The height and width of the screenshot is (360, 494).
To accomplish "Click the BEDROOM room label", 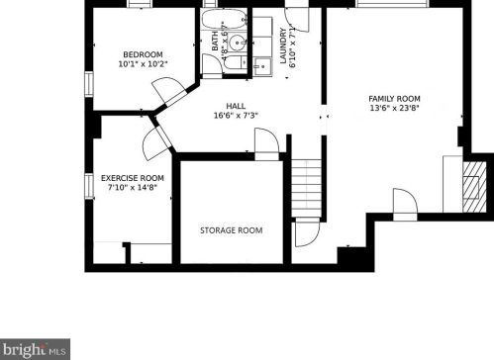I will coord(145,54).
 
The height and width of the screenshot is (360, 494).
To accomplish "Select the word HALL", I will coord(236,107).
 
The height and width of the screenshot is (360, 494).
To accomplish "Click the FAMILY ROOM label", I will coord(395,99).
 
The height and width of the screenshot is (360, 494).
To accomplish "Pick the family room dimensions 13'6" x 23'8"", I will coord(395,110).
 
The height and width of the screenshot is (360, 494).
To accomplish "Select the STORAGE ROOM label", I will coord(232,230).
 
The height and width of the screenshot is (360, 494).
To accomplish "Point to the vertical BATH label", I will coord(214,42).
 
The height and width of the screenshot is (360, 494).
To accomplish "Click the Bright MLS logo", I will coord(36,350).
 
